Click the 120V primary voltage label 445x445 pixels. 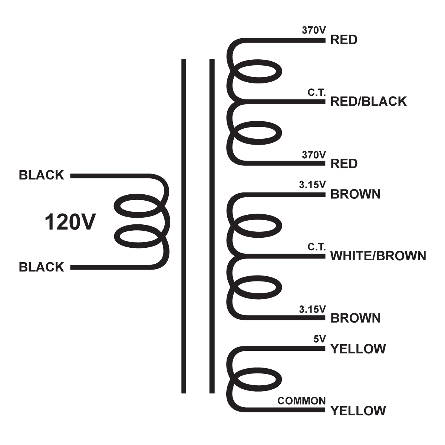coord(70,222)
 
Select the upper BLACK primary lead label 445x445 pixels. coord(41,175)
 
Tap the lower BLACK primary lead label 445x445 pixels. coord(41,267)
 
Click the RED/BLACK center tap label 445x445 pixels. coord(368,101)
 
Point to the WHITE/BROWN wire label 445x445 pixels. coord(378,256)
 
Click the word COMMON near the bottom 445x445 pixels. coord(301,401)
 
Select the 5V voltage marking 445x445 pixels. coord(319,339)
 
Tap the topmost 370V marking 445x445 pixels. coord(314,30)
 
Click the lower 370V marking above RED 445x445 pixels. coord(314,155)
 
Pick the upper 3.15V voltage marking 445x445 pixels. coord(312,185)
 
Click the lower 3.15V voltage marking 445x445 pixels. coord(312,309)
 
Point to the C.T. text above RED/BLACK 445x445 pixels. coord(317,93)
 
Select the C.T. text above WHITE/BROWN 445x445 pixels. coord(317,247)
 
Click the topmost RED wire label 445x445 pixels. coord(344,40)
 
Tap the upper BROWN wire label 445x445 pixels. coord(355,194)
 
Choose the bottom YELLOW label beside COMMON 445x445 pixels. coord(358,411)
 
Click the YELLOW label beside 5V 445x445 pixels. coord(358,349)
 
